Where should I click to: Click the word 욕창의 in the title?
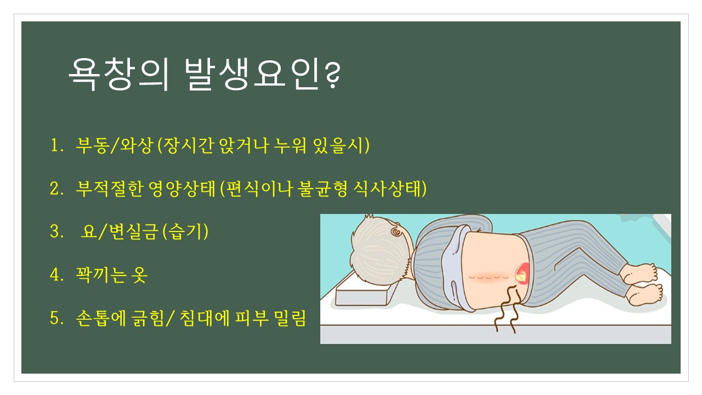pyautogui.click(x=118, y=75)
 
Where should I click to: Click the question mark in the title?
pyautogui.click(x=332, y=75)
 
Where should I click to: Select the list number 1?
pyautogui.click(x=57, y=146)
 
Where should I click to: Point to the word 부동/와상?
pyautogui.click(x=115, y=146)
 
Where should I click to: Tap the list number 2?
pyautogui.click(x=57, y=189)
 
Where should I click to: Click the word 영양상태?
pyautogui.click(x=182, y=189)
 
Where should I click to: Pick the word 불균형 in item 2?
pyautogui.click(x=323, y=189)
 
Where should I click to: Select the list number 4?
pyautogui.click(x=57, y=275)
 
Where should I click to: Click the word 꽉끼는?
pyautogui.click(x=101, y=275)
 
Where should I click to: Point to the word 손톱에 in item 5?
pyautogui.click(x=100, y=318)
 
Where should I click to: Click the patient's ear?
pyautogui.click(x=397, y=232)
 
